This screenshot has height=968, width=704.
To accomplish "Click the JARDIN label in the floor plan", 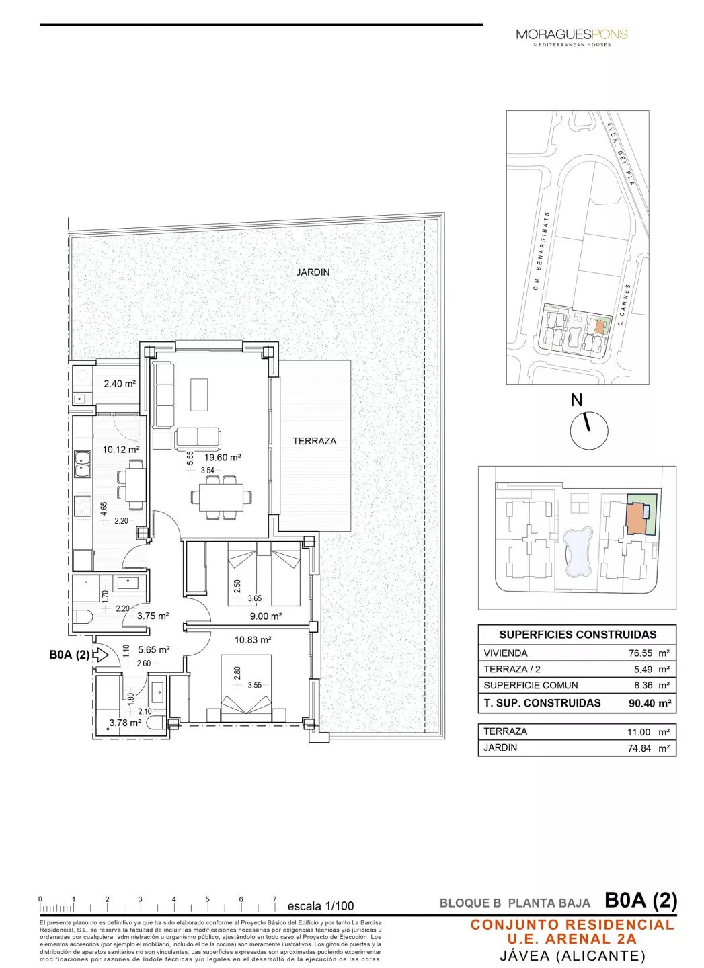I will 313,272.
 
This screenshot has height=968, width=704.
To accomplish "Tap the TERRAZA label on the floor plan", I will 314,441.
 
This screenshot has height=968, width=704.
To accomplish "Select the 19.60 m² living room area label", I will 223,458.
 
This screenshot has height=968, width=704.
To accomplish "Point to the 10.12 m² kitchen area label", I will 121,450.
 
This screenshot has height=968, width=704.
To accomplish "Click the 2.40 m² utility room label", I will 120,385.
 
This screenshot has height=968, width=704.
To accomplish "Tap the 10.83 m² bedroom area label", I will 253,640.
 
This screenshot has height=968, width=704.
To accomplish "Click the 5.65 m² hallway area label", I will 154,650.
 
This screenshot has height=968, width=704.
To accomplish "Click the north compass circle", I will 588,430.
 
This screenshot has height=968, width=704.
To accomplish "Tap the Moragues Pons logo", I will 572,36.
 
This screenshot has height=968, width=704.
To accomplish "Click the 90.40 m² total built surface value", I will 650,704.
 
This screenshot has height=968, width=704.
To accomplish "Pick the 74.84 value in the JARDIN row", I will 639,748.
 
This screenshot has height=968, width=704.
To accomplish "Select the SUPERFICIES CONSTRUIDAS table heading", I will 577,635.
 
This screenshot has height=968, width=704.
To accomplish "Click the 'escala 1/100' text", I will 320,906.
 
